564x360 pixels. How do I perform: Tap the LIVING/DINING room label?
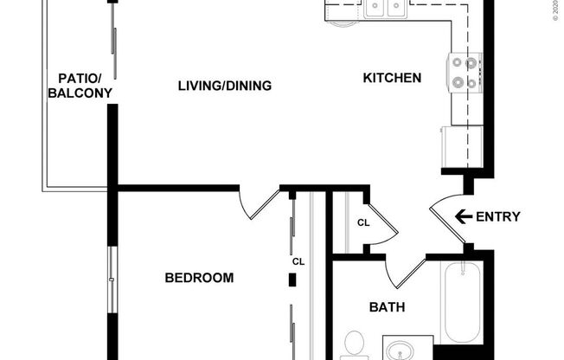225,86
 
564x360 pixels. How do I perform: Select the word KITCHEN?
391,79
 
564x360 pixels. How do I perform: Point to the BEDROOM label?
199,278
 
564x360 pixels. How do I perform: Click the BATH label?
387,306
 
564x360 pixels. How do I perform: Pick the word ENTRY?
498,216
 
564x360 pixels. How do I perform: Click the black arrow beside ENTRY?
462,216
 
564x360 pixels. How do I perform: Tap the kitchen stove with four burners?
465,73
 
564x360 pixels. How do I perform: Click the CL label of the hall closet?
363,222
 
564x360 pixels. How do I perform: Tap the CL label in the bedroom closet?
298,261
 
